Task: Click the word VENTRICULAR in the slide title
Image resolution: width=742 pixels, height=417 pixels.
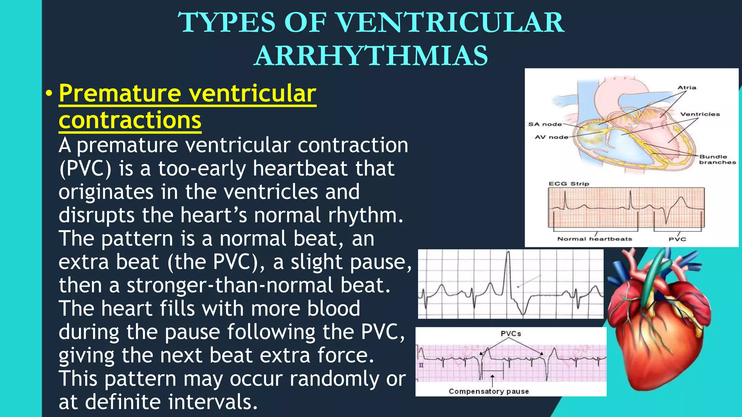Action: coord(451,22)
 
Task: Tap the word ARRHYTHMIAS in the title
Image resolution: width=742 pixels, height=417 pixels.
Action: coord(371,56)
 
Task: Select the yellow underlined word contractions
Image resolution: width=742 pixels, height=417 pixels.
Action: coord(130,120)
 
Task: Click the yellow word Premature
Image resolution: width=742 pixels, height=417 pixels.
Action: coord(120,93)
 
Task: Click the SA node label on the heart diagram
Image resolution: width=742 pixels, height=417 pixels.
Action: coord(545,124)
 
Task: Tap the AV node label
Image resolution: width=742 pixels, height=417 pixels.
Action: coord(551,137)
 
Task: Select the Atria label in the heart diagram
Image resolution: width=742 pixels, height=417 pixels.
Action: coord(687,88)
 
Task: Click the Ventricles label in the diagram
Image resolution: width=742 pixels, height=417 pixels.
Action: coord(700,114)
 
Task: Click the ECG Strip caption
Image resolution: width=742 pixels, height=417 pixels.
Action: coord(568,184)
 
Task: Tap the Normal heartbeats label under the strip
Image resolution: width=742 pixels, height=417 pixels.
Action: coord(594,239)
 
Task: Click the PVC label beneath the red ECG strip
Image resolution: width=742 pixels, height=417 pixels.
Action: coord(677,239)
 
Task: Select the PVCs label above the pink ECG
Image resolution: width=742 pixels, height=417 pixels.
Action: coord(510,333)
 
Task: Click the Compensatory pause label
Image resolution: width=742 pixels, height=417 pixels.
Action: coord(488,391)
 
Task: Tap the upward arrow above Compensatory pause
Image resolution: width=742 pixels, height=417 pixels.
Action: coord(492,380)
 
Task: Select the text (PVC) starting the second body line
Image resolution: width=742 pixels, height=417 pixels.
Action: coord(85,169)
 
